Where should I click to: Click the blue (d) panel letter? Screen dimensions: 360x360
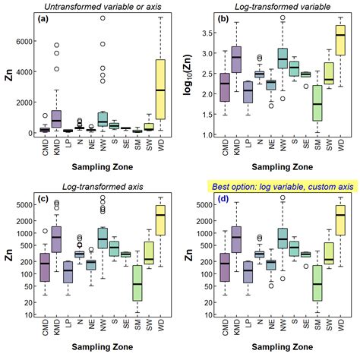point(225,199)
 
